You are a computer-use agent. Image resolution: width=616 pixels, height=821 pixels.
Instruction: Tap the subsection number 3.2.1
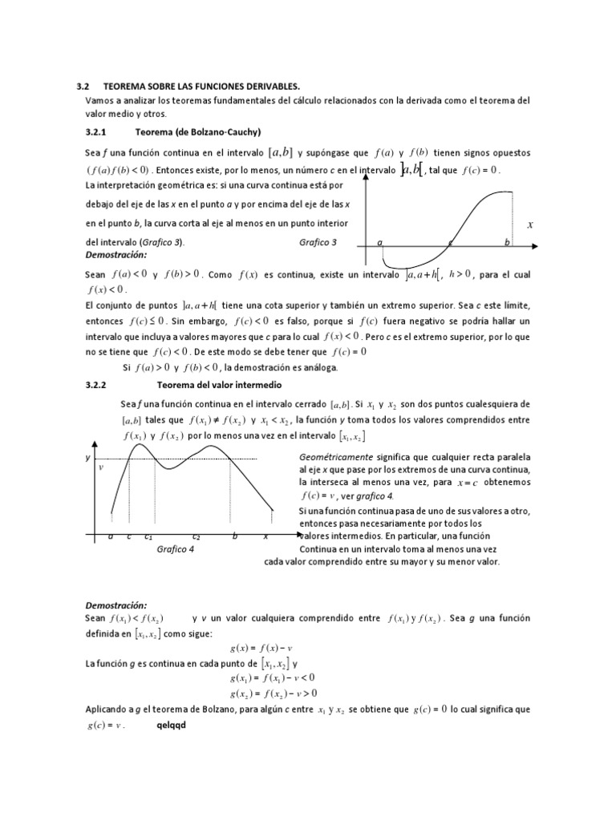[x=101, y=131]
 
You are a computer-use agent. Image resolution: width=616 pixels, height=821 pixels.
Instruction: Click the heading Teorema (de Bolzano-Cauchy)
[x=200, y=131]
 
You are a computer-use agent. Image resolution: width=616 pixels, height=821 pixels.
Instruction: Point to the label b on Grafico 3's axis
[x=507, y=242]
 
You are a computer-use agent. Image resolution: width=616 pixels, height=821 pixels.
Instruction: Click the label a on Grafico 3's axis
[x=379, y=242]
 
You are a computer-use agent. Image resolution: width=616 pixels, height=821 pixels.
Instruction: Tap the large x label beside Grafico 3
[x=530, y=226]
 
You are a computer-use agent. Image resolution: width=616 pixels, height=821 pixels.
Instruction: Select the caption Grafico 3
[x=318, y=242]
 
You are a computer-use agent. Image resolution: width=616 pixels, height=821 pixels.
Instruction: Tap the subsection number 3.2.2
[x=101, y=385]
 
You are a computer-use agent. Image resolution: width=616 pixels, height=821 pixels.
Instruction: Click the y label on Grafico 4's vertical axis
[x=88, y=457]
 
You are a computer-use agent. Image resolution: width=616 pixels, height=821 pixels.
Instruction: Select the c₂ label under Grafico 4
[x=196, y=536]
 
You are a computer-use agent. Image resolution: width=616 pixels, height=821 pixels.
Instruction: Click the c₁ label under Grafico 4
[x=148, y=536]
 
